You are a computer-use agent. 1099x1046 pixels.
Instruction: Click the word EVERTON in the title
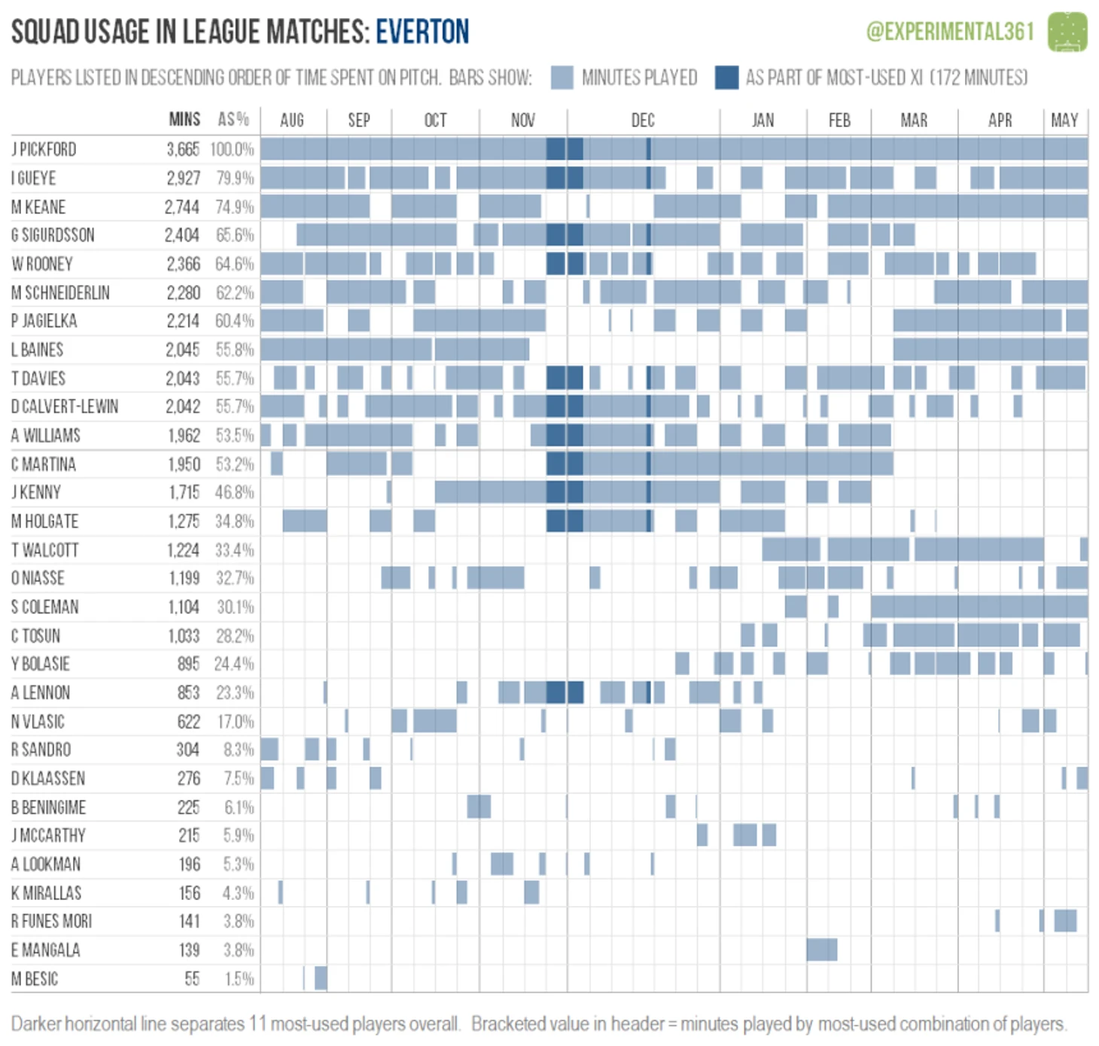[422, 32]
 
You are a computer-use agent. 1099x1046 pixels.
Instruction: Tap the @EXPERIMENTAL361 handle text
[950, 32]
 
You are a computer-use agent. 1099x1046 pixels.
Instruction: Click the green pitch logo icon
[1067, 32]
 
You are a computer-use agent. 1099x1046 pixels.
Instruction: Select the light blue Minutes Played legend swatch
[562, 78]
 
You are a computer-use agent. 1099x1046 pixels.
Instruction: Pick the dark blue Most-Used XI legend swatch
[726, 78]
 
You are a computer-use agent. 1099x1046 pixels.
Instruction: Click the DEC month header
[643, 120]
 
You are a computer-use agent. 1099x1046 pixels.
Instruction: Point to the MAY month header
[1064, 120]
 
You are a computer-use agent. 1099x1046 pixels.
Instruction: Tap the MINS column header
[184, 120]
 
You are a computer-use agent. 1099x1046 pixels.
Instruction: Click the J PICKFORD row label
[44, 149]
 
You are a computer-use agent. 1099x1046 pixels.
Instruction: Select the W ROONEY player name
[42, 264]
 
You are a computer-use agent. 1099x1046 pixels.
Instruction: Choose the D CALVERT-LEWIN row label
[65, 407]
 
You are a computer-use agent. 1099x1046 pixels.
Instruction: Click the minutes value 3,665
[183, 149]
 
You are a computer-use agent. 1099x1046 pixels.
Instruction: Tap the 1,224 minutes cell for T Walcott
[184, 550]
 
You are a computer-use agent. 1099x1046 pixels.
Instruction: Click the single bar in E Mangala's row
[821, 950]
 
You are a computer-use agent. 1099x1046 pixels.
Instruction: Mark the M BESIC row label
[35, 979]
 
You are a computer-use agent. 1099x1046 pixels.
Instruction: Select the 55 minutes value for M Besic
[192, 979]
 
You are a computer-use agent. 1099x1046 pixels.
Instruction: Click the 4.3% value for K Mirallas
[238, 893]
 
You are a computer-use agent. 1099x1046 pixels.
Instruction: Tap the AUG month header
[292, 120]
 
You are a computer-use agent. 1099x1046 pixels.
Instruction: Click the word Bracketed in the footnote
[504, 1024]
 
